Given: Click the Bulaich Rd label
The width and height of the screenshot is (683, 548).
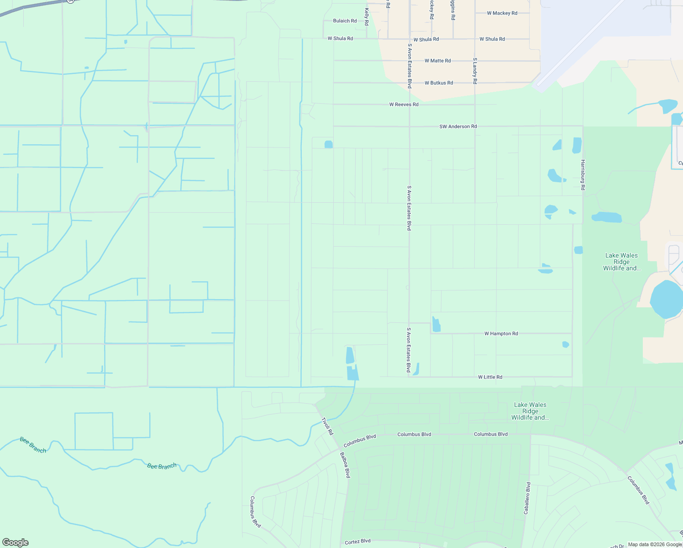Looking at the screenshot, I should coord(345,21).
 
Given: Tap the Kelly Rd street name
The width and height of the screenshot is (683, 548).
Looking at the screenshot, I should coord(367,16).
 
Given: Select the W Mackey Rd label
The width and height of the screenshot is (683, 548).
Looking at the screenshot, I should coord(502,13).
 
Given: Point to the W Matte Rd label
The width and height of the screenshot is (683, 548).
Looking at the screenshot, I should coord(437,61).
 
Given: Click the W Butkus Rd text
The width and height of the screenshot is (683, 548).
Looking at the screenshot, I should coord(438,83).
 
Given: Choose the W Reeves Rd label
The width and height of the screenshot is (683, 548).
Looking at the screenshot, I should coord(404,105).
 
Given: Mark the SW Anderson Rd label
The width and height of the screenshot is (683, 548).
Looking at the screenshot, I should coord(458,126).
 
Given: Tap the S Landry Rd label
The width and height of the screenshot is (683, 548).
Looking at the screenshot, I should coord(475,71).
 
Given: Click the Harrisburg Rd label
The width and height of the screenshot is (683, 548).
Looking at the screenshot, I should coord(583,174).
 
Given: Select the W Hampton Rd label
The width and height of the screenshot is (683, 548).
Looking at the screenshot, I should coord(501,334).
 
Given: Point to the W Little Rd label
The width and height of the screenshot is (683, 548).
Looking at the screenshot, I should coord(490,377).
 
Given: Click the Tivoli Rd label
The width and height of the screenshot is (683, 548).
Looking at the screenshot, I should coord(327,426).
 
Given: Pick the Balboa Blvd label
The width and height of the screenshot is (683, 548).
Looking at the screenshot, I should coord(345,465).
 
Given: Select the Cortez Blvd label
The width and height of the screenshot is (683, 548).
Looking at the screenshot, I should coord(357,541).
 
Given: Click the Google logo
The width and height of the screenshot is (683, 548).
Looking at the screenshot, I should coord(16,543).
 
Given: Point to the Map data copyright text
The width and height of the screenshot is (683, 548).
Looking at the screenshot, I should coord(655,544).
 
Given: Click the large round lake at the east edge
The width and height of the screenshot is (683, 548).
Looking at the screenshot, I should coord(667,299).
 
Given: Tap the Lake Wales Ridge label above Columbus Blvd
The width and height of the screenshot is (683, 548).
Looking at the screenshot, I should coord(530,411).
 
